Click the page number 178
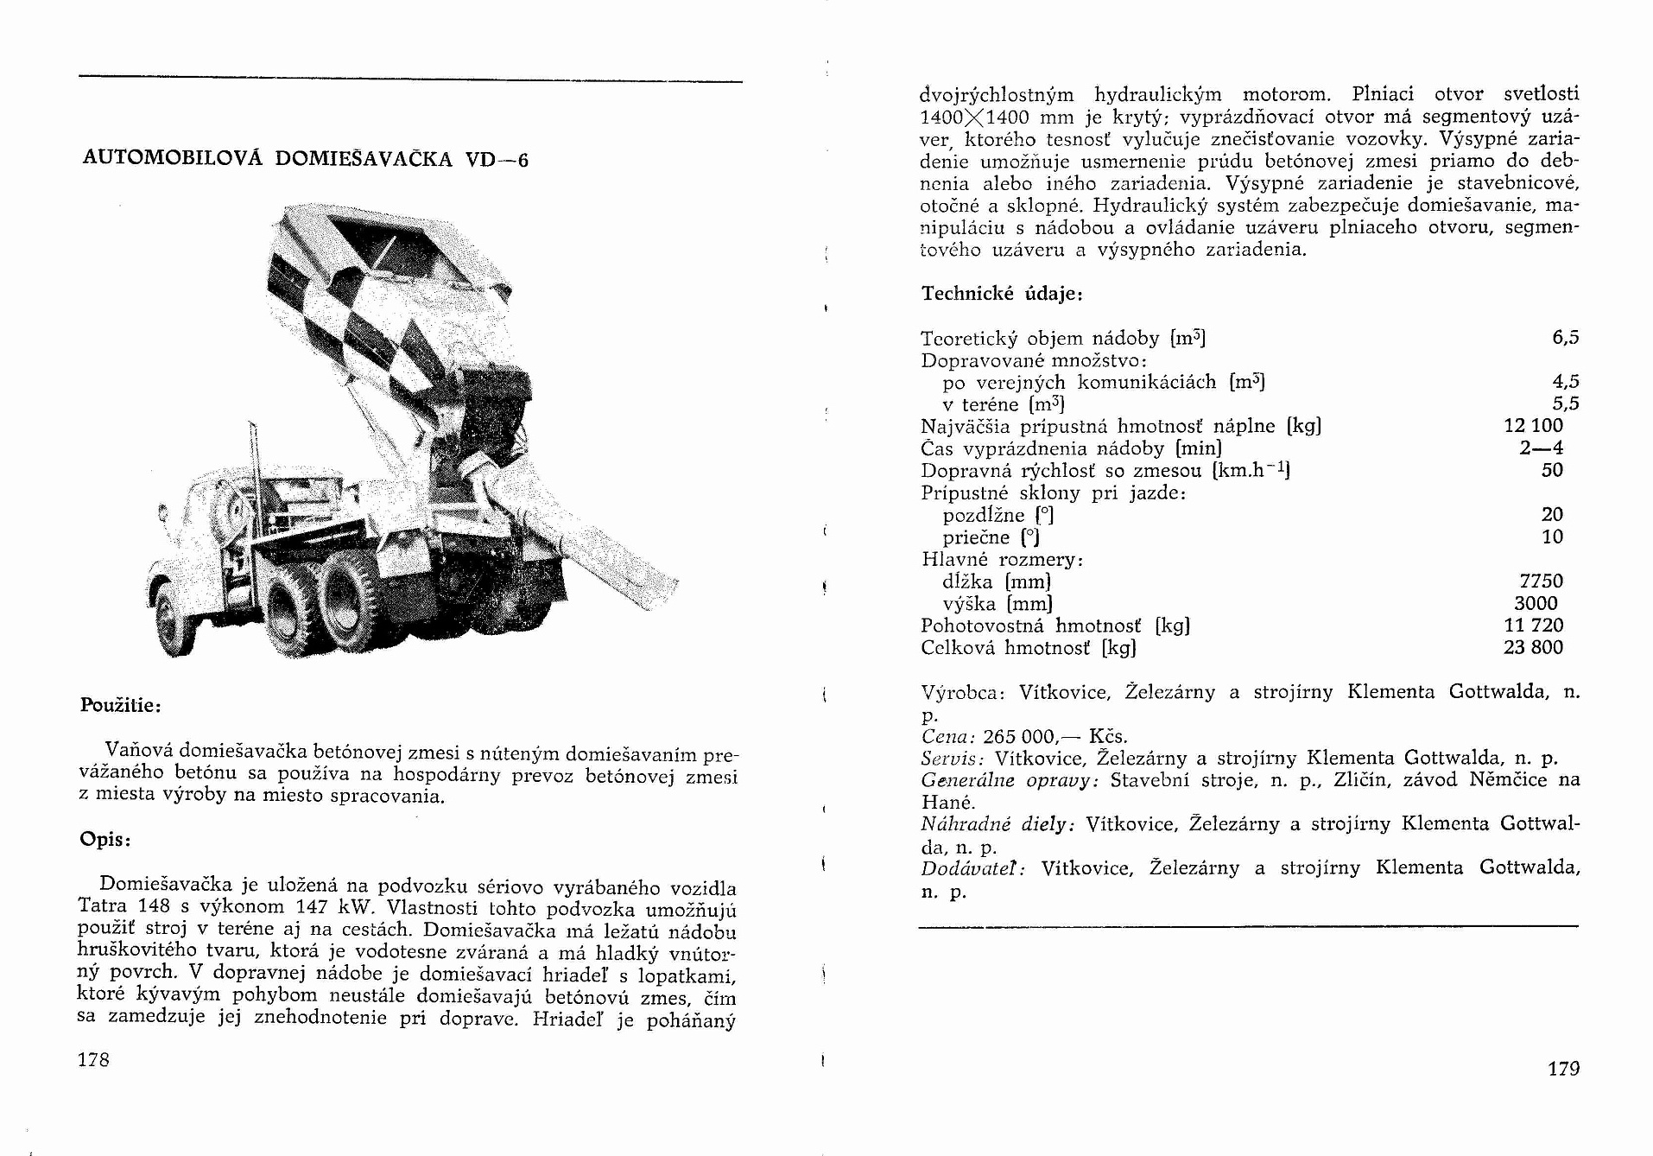click(93, 1059)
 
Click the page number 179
click(1563, 1069)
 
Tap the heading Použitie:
click(121, 705)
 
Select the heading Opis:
click(104, 839)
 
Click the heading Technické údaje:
click(1002, 294)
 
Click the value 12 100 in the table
click(1533, 426)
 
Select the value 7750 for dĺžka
click(1541, 581)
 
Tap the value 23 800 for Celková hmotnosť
click(1533, 648)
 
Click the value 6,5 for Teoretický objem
click(1565, 338)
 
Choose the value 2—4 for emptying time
click(1541, 448)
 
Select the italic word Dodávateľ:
click(973, 868)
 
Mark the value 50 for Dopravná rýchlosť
click(1552, 471)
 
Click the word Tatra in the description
click(103, 906)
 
